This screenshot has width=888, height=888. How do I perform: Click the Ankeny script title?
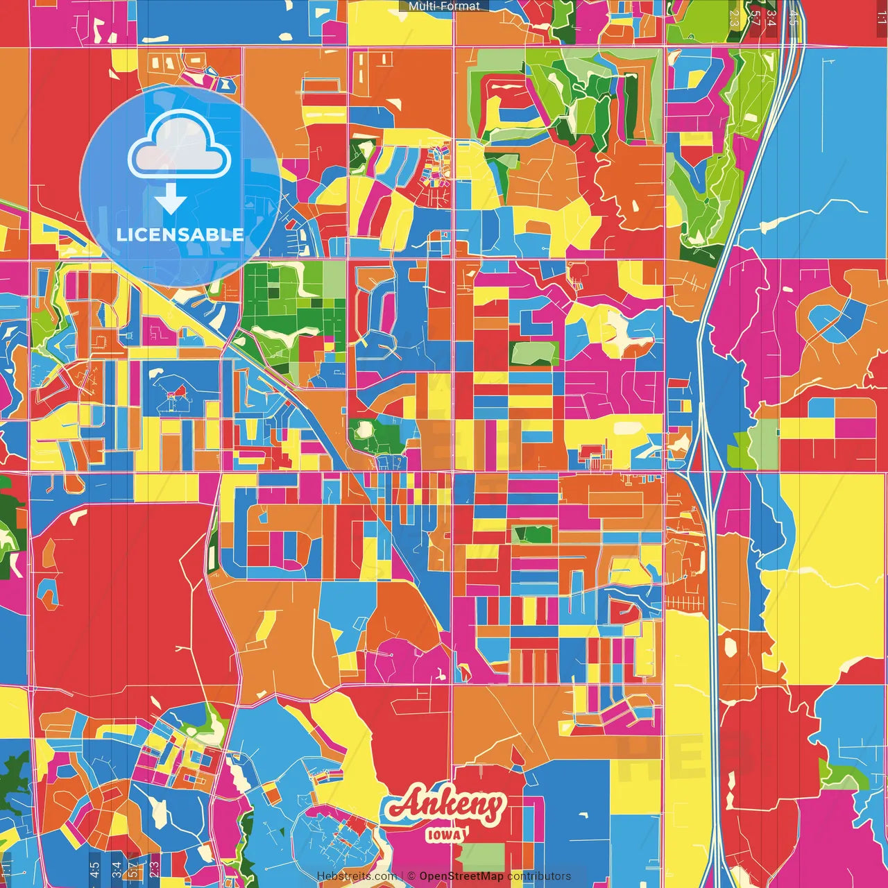point(445,805)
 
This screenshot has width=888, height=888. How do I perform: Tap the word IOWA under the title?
point(445,835)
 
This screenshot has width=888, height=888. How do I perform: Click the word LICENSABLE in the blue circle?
point(180,234)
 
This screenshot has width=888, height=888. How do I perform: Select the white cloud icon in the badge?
point(180,145)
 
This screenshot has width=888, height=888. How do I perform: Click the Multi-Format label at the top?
point(444,6)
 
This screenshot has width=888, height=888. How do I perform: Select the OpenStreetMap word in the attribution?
point(461,876)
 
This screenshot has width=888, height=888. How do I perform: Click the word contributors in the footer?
point(539,876)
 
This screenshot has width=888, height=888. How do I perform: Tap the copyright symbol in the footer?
point(411,876)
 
